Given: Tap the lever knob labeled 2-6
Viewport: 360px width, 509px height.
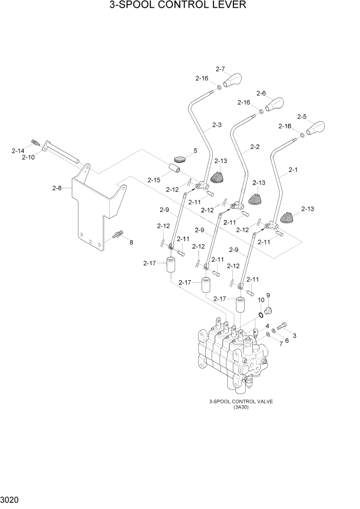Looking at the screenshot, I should (x=274, y=104).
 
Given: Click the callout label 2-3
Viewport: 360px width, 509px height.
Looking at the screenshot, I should (x=217, y=125).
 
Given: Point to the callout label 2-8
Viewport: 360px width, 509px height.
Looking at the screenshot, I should (x=57, y=188).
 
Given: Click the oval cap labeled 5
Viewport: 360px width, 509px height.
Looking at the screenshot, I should (x=179, y=159).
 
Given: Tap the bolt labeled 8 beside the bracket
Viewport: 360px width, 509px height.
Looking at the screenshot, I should (x=119, y=234).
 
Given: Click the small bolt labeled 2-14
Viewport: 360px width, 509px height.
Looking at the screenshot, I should (x=35, y=142).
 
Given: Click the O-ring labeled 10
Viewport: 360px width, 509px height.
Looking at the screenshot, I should (x=261, y=314).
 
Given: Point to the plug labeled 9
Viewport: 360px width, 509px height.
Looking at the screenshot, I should (x=269, y=308).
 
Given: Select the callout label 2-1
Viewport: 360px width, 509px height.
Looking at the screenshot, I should (x=293, y=169).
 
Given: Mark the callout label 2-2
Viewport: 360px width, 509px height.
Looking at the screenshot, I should (x=255, y=147).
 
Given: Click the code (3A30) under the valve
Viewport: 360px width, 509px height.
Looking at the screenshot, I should (x=240, y=407).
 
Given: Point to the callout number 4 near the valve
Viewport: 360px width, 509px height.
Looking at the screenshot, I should (x=267, y=326).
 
